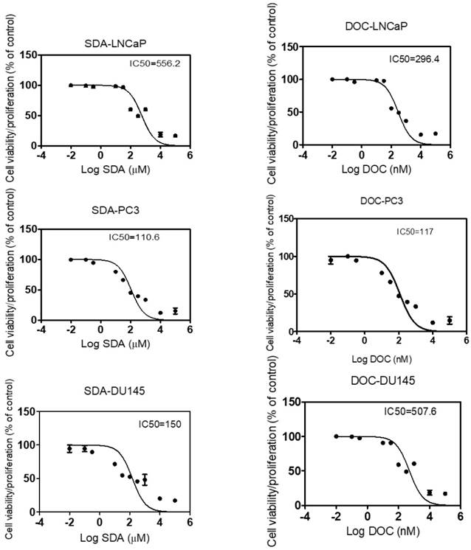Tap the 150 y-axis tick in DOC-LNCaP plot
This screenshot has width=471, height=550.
click(289, 47)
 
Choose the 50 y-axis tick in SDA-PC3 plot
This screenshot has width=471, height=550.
click(28, 290)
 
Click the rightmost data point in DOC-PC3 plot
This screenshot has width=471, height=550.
click(449, 321)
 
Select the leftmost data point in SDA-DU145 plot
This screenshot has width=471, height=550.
click(70, 449)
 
